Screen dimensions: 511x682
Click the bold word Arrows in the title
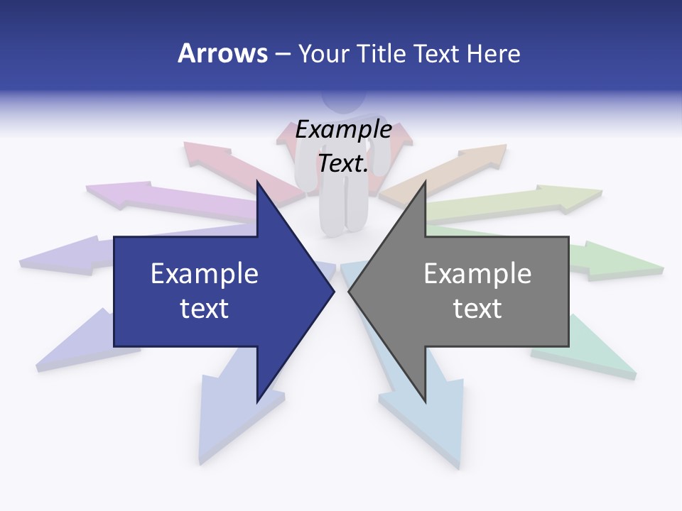tap(223, 53)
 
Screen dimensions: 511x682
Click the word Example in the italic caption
tap(343, 129)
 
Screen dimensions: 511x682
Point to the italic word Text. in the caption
tap(343, 163)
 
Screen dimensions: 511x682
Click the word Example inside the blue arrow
tap(204, 274)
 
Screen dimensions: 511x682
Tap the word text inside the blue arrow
tap(204, 308)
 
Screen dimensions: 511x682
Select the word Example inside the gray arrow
tap(477, 274)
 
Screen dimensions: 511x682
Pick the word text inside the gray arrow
tap(477, 308)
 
